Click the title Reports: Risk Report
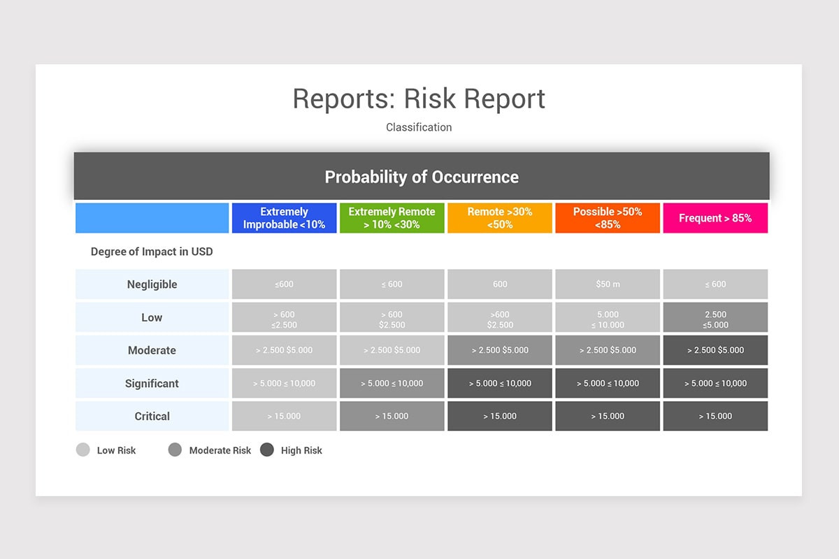[419, 99]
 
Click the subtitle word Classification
[419, 127]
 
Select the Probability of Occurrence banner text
[422, 177]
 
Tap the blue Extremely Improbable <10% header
[284, 218]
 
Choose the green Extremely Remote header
[392, 218]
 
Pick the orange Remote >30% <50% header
[500, 218]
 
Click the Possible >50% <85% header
[608, 218]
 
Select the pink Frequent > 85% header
[715, 218]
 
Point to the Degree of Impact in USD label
[152, 252]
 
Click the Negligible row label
[152, 284]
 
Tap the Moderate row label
[152, 350]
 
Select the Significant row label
[152, 383]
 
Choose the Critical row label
[152, 416]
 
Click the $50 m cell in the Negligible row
[608, 284]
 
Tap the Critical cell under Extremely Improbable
[284, 416]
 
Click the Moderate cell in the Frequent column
[715, 350]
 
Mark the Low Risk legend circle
[83, 450]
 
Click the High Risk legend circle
[267, 450]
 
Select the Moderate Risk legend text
[220, 451]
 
